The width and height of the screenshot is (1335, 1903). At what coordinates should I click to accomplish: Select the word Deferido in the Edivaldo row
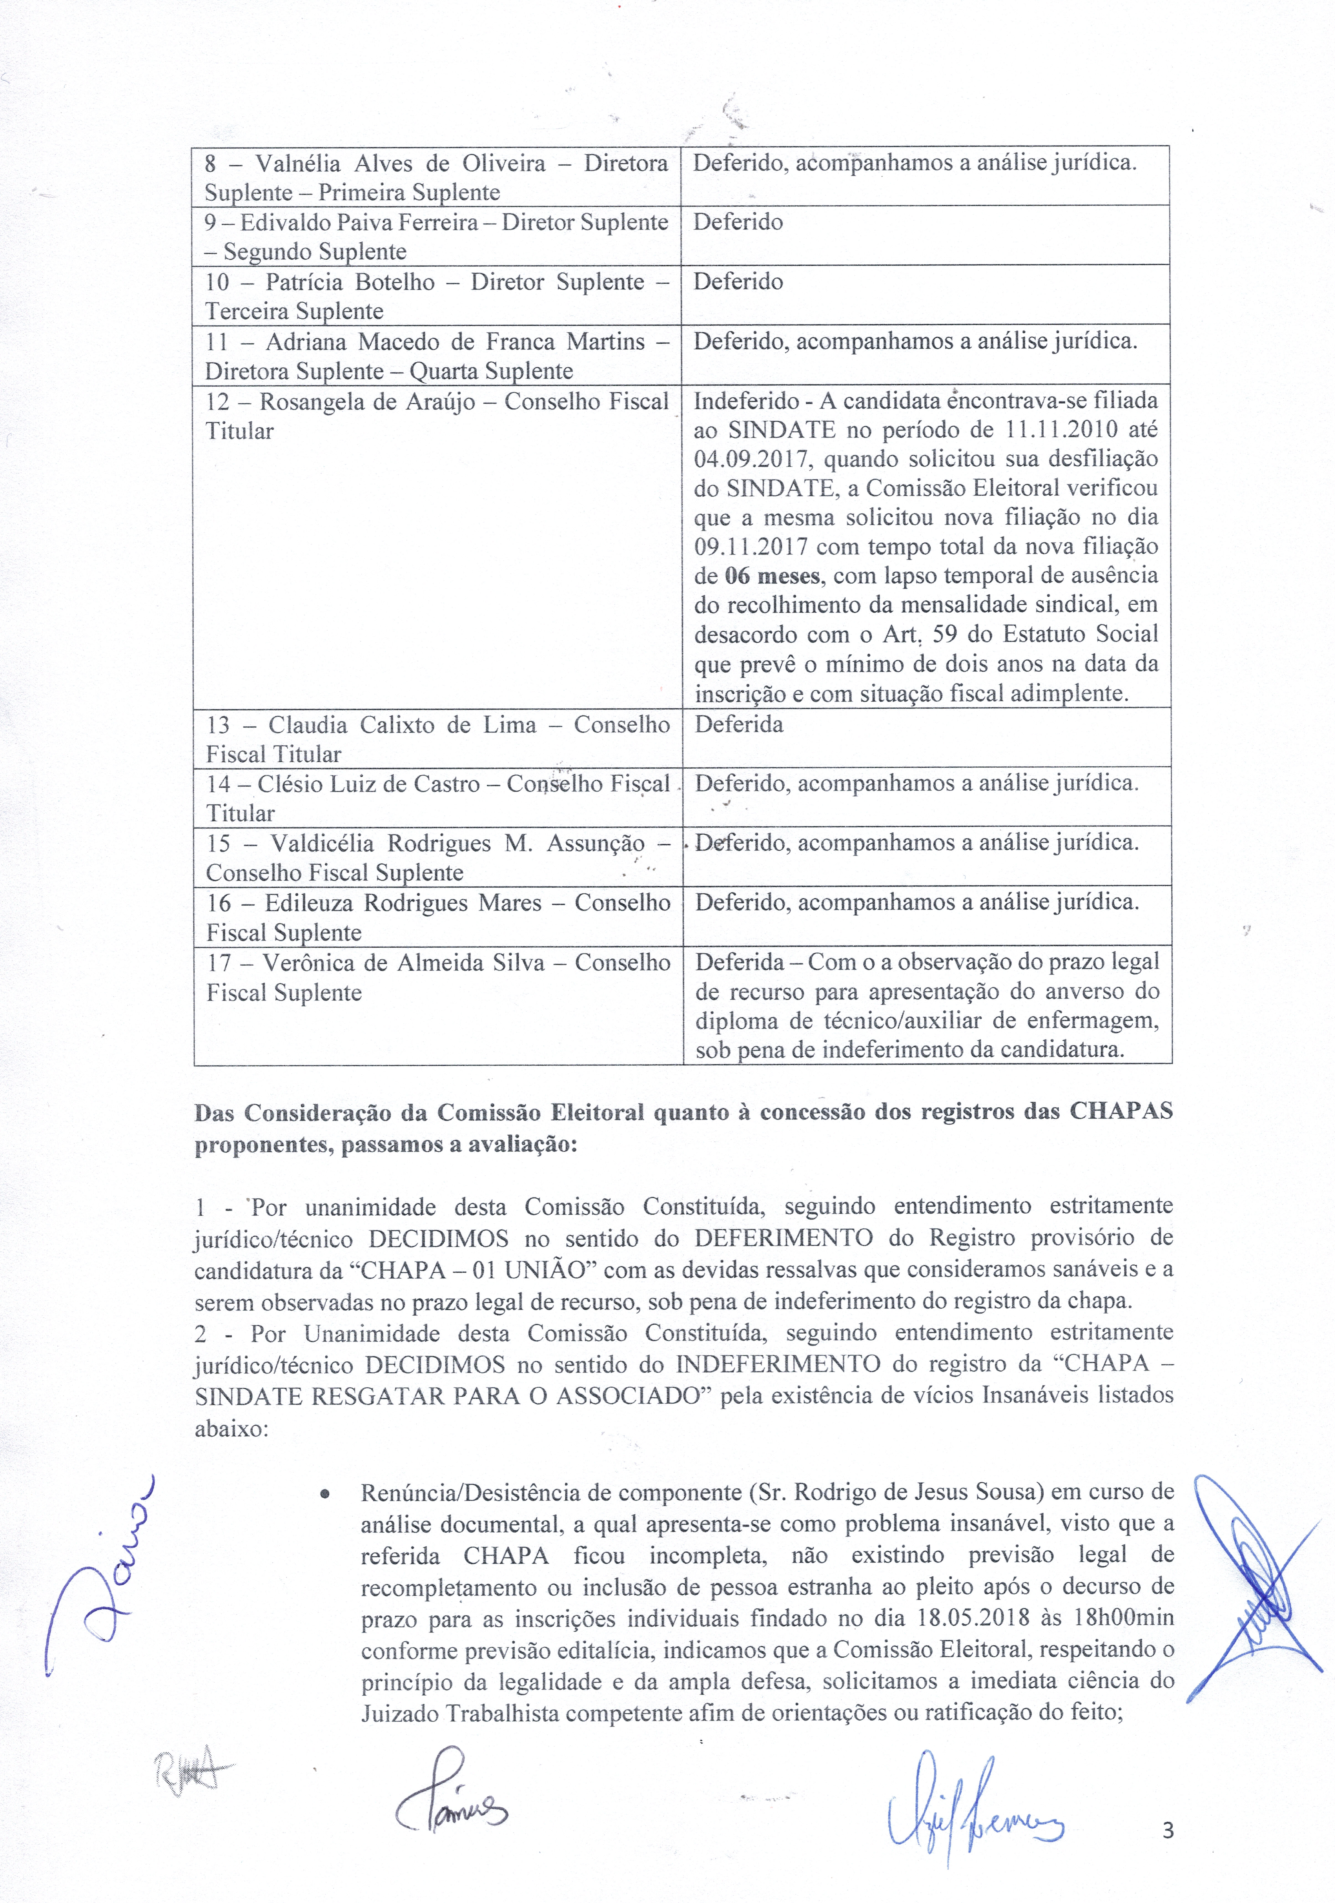pos(738,222)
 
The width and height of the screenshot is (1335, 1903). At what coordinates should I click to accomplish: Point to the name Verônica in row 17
pos(301,963)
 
